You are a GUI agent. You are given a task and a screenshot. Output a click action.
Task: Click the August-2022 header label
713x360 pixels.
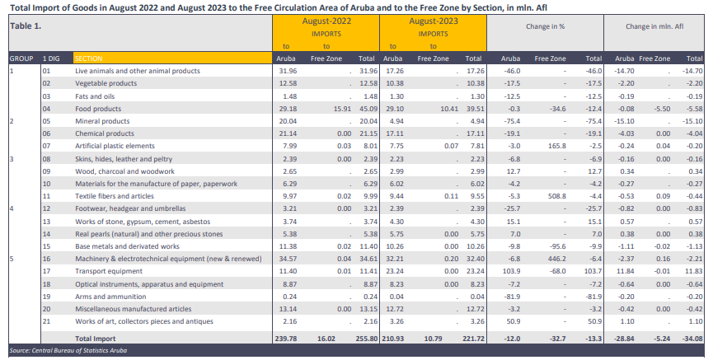point(326,21)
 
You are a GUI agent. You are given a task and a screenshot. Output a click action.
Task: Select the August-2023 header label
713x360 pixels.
point(433,21)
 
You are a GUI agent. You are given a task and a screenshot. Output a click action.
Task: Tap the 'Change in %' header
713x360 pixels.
point(545,26)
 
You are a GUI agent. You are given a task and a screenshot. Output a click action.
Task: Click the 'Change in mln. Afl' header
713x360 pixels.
point(654,26)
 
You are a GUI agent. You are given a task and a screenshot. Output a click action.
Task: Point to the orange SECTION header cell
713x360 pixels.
point(172,58)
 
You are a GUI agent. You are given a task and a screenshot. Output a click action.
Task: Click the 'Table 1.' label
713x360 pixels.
point(26,26)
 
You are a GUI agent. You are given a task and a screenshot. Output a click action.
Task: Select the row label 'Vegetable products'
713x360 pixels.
point(106,83)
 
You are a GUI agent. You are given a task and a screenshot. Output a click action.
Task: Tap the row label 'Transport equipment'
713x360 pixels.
point(109,271)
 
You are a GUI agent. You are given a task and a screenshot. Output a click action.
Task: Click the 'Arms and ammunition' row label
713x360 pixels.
point(110,297)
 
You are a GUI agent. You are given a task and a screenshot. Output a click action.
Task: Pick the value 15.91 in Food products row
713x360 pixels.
point(342,109)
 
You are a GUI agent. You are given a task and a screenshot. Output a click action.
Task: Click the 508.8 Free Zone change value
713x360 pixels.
point(557,196)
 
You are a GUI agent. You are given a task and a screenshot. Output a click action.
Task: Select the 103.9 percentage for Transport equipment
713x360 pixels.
point(511,271)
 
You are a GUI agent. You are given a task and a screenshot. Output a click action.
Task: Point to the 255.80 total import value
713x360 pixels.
point(367,339)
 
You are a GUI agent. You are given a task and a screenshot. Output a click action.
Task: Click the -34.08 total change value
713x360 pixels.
point(692,339)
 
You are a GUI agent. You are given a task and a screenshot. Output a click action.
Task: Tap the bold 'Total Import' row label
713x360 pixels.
point(96,339)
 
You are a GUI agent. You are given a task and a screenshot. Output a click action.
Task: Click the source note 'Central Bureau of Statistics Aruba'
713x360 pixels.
point(80,350)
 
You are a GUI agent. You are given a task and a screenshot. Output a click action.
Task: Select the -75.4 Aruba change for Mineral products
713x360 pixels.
point(512,121)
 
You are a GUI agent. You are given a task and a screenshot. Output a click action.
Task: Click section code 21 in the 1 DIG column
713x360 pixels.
point(46,321)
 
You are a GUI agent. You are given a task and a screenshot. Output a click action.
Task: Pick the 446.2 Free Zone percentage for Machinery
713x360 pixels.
point(557,259)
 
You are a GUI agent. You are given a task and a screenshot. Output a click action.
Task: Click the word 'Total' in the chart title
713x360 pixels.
point(21,7)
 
